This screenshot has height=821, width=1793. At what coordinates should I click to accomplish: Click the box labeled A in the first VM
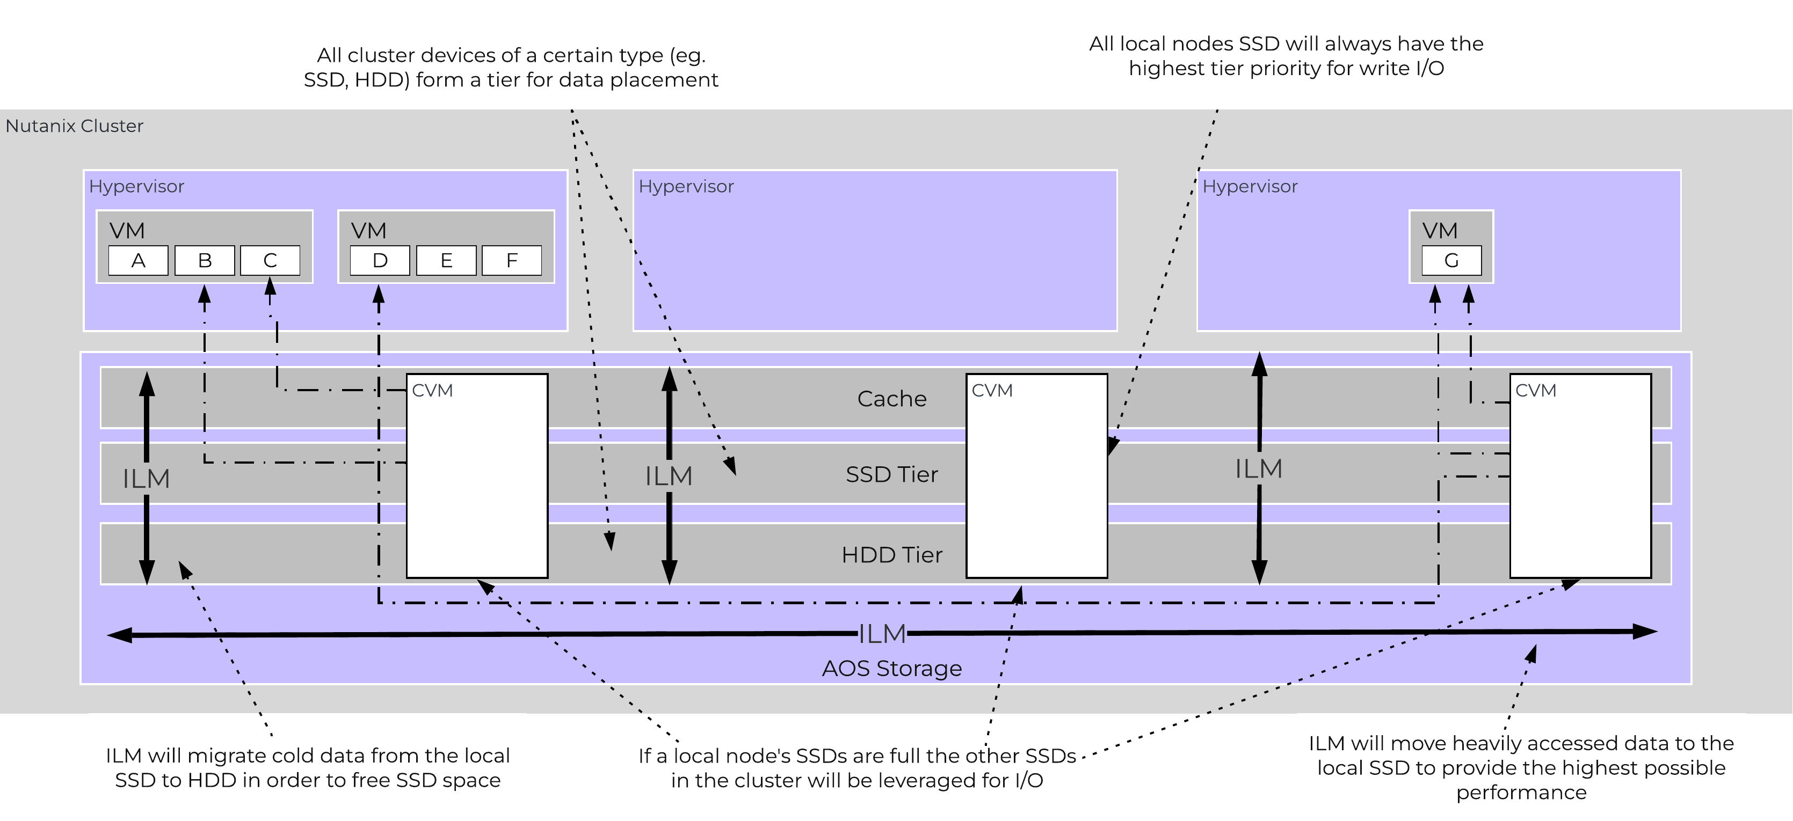(138, 260)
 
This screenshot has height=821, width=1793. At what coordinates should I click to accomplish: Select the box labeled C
(270, 260)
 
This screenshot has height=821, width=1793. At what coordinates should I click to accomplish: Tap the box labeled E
(446, 260)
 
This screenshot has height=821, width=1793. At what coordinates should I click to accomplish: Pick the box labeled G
(1451, 260)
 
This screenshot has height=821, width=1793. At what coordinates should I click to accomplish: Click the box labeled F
(512, 260)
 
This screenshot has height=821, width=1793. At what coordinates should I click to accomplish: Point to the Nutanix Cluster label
(75, 126)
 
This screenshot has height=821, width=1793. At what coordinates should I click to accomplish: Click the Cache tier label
(891, 399)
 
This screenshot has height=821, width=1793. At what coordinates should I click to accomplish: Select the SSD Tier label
(891, 474)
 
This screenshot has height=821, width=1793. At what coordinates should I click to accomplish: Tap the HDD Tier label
(891, 554)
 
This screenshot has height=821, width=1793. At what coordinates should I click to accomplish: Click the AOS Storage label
(891, 668)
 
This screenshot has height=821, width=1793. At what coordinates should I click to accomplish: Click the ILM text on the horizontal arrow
(882, 634)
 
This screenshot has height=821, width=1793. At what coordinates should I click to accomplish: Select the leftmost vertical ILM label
(146, 479)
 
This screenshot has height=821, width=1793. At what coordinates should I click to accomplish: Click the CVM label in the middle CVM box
(992, 390)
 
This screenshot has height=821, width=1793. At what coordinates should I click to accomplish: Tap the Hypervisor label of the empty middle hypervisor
(686, 186)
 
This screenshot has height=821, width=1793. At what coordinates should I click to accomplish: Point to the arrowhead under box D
(379, 296)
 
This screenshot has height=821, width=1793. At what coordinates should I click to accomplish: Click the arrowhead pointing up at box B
(205, 296)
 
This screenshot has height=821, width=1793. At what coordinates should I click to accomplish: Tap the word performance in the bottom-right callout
(1521, 793)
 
